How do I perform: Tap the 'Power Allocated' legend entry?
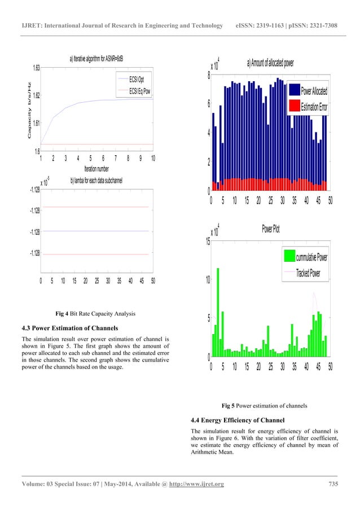(x=314, y=91)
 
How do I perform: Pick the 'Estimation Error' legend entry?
(x=314, y=106)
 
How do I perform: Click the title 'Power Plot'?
(x=271, y=230)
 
